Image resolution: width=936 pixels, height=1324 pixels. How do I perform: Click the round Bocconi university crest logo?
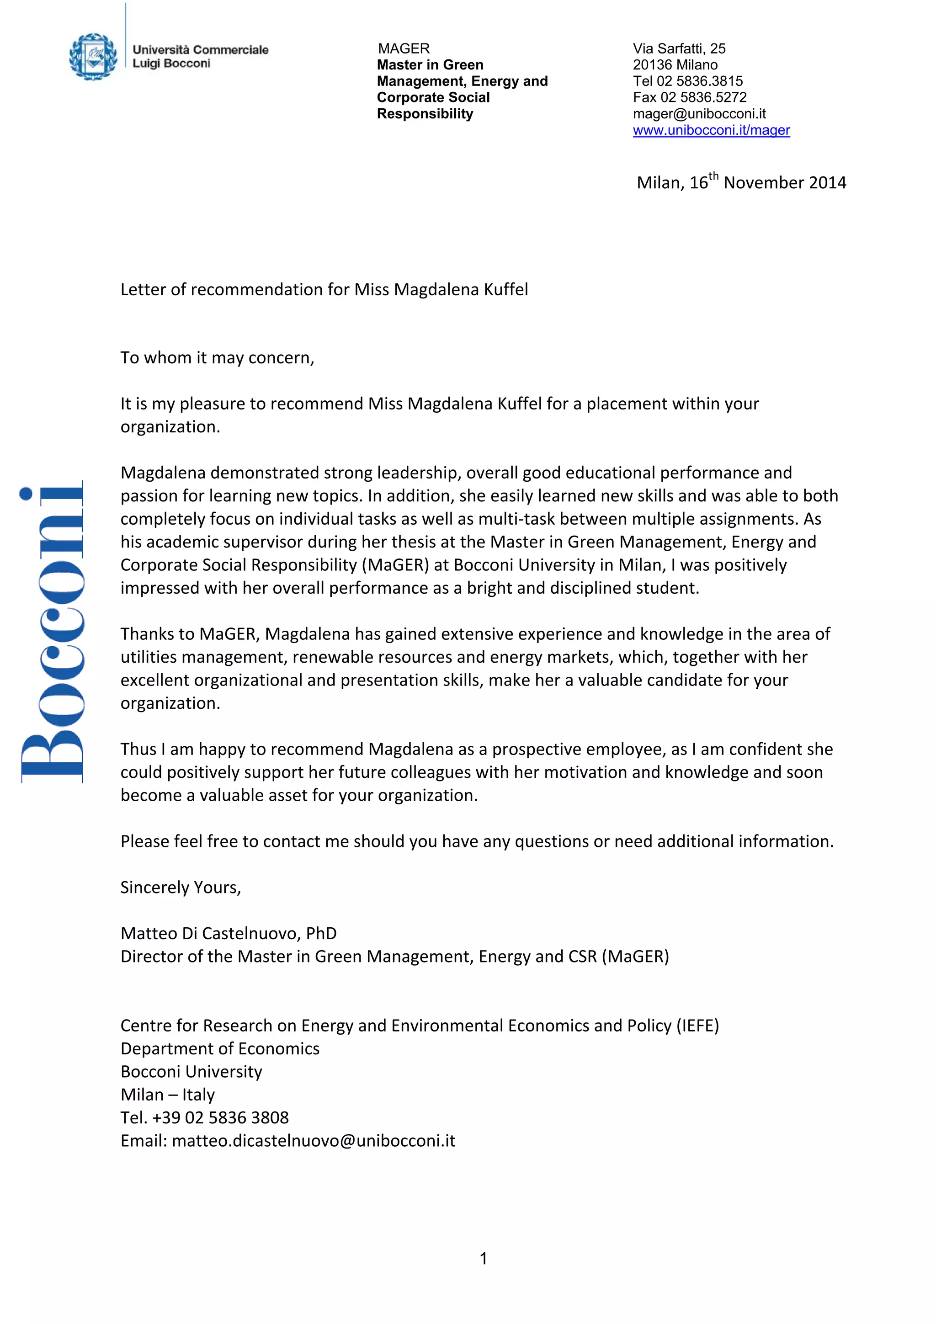click(x=92, y=57)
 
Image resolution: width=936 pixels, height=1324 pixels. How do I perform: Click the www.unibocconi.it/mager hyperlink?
click(x=711, y=130)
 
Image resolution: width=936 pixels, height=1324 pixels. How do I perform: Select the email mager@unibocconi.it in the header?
click(x=699, y=114)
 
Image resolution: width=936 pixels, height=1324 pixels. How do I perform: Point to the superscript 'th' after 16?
click(x=713, y=176)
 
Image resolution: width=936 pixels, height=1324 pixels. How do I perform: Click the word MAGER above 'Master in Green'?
click(x=404, y=48)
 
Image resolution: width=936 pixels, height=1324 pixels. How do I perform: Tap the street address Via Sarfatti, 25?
click(x=679, y=48)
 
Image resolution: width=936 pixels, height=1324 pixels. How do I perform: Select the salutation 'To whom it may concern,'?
click(x=217, y=358)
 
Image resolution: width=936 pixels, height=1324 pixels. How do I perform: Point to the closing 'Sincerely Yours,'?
click(x=181, y=888)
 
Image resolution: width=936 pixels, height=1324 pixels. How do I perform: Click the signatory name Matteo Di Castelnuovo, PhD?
click(x=229, y=934)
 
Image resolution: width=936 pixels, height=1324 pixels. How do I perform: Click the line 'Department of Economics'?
click(x=220, y=1049)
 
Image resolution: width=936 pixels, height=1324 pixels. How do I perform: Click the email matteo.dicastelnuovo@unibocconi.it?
click(x=313, y=1141)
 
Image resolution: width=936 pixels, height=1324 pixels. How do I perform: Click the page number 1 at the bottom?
click(x=483, y=1258)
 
